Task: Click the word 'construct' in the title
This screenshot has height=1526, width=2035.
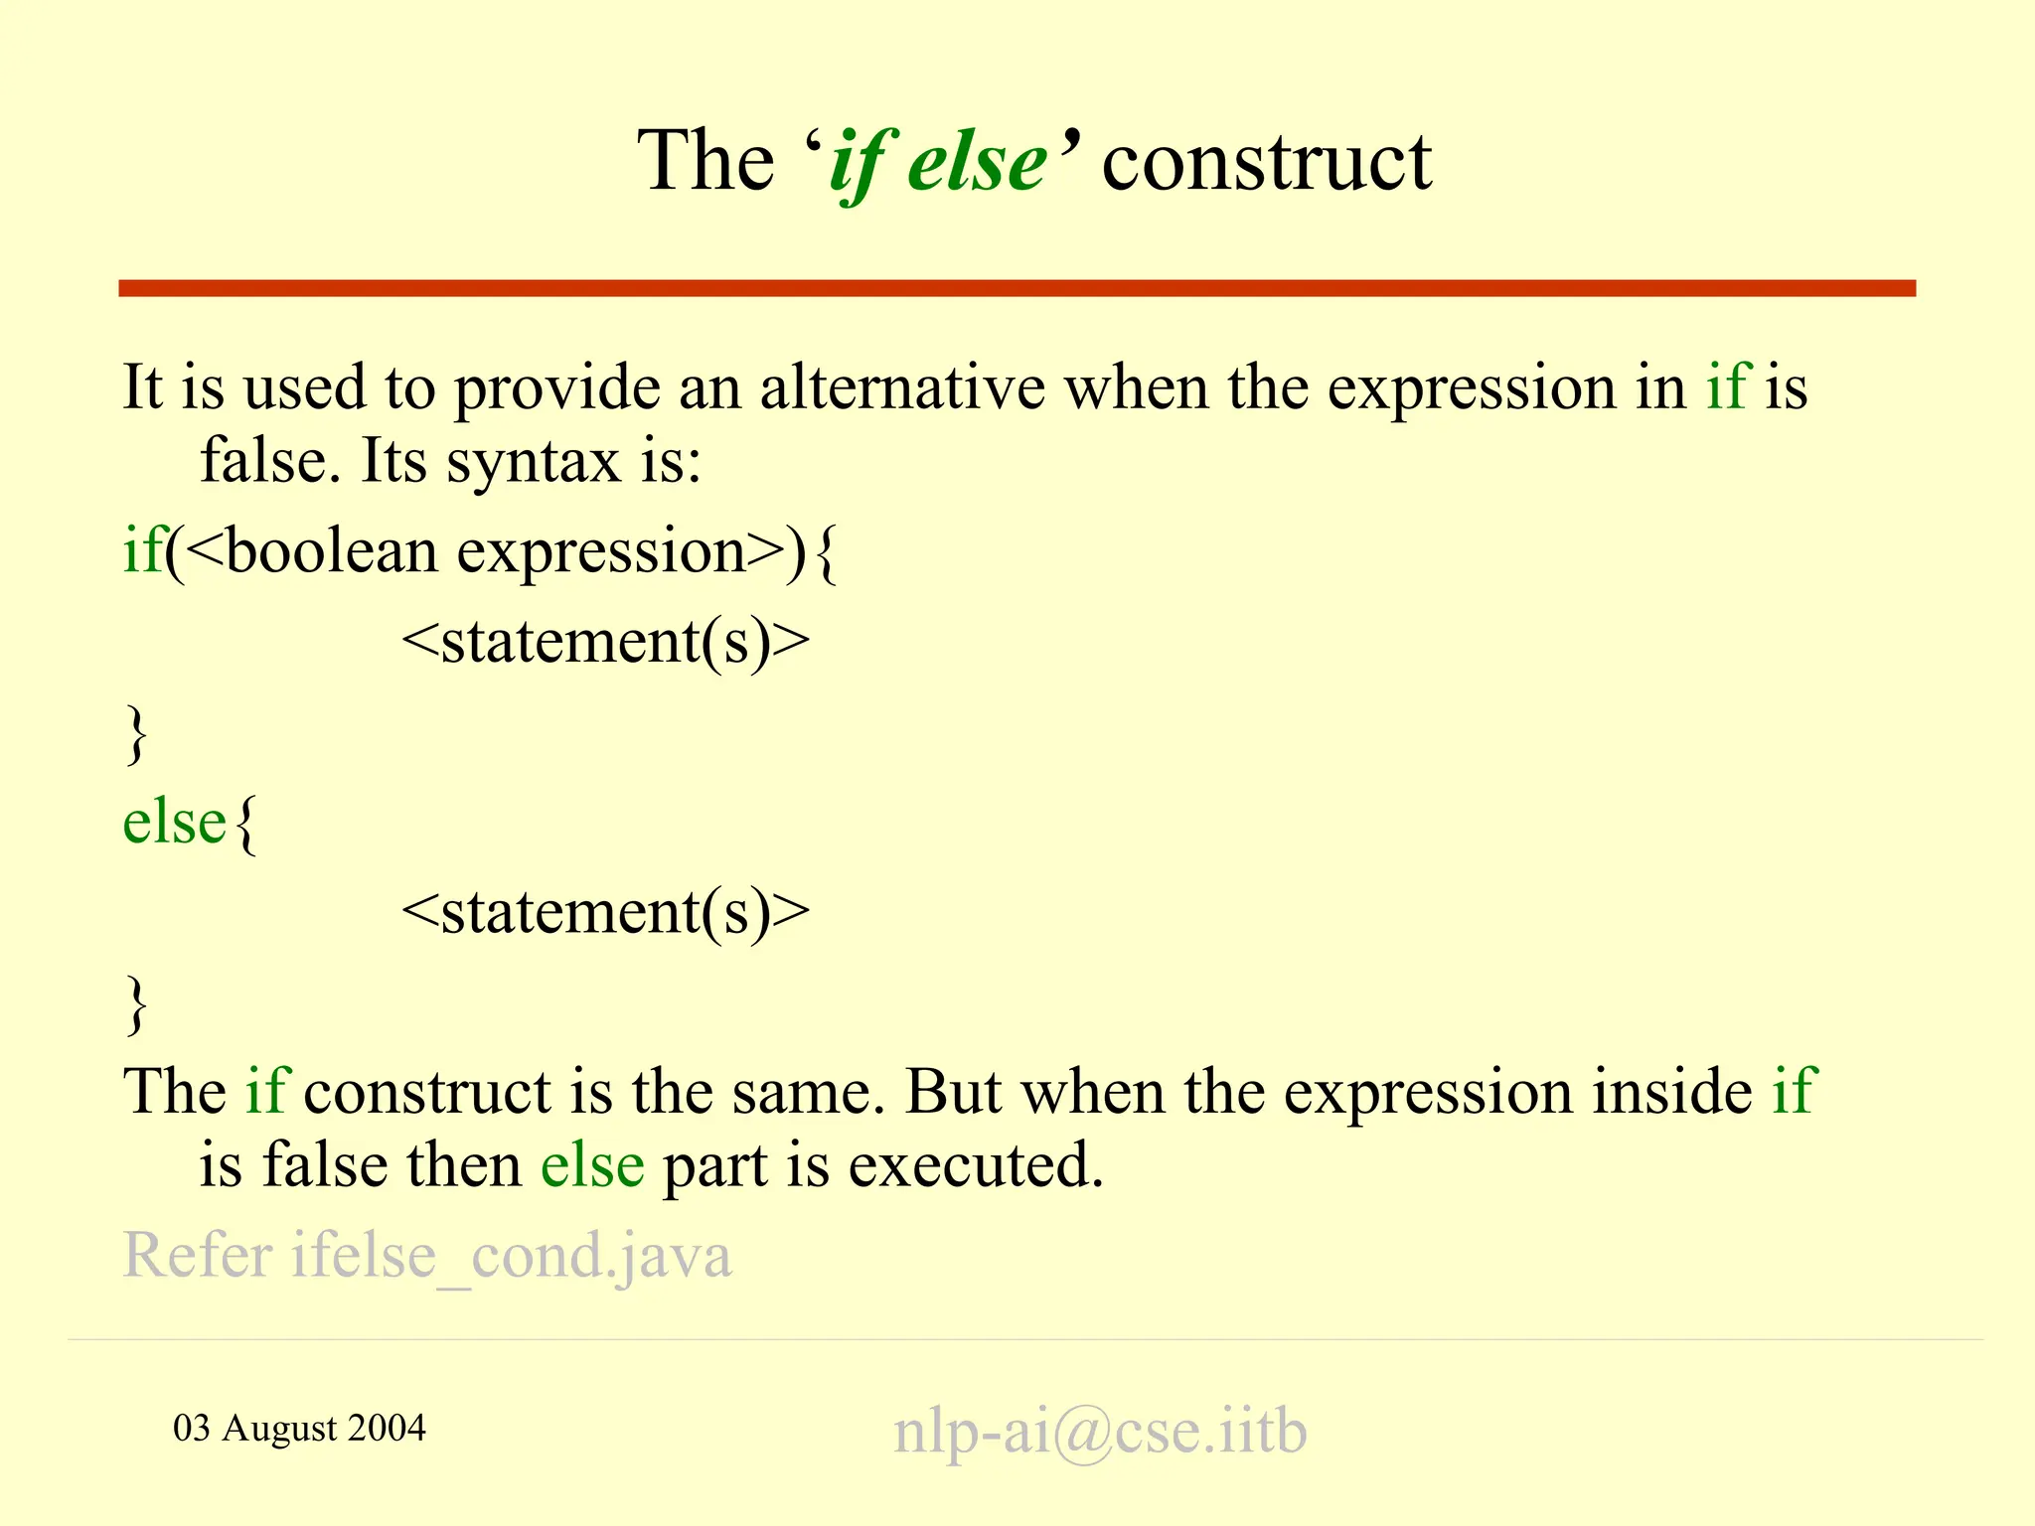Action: (x=1266, y=162)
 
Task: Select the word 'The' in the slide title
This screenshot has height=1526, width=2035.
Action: (x=704, y=162)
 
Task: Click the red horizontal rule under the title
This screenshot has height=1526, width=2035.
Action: (x=1017, y=288)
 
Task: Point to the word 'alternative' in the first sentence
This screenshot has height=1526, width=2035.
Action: (x=902, y=387)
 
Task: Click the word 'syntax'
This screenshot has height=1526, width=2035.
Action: (x=533, y=462)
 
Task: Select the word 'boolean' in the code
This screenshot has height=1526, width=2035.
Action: (x=332, y=551)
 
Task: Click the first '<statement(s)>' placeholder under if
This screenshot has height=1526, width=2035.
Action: (x=605, y=642)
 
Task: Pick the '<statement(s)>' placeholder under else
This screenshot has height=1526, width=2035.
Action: (x=605, y=912)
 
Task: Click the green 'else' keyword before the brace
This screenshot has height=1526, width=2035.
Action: (x=174, y=823)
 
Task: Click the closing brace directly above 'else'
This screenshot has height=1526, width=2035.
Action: (x=136, y=735)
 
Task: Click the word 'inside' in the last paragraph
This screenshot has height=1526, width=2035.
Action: (x=1672, y=1093)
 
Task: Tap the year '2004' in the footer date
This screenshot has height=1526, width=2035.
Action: (x=387, y=1429)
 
